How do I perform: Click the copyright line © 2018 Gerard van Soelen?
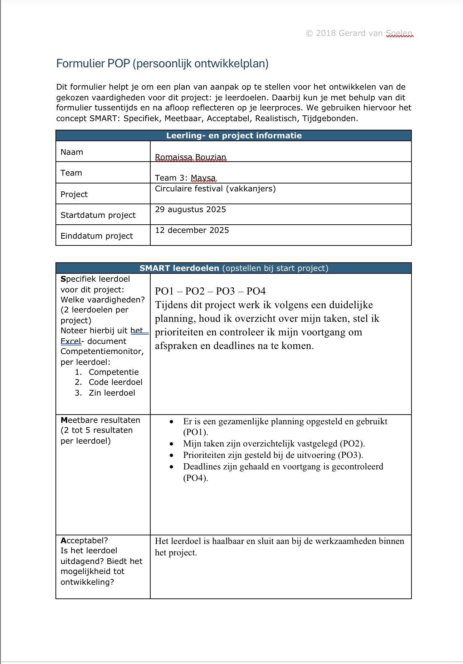tap(359, 33)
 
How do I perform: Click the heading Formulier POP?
tap(162, 63)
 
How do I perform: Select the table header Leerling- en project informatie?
tap(234, 135)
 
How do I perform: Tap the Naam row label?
tap(72, 152)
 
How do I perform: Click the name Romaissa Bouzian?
tap(190, 157)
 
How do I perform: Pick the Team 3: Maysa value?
tap(185, 178)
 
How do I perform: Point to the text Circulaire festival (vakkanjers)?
tap(215, 188)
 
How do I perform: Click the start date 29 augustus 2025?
tap(190, 209)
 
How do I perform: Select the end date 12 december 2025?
tap(192, 230)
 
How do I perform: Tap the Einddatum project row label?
tap(97, 236)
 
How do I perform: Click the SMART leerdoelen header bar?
tap(234, 268)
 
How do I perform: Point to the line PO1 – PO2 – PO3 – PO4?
tap(210, 291)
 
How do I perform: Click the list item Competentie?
tap(113, 372)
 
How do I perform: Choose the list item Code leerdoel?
tap(115, 382)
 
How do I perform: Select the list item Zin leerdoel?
tap(112, 393)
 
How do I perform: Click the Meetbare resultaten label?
tap(100, 420)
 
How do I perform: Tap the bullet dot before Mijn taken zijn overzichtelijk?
tap(172, 444)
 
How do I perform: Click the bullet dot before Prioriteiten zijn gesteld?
tap(172, 455)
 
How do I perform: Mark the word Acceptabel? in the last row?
tap(84, 540)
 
